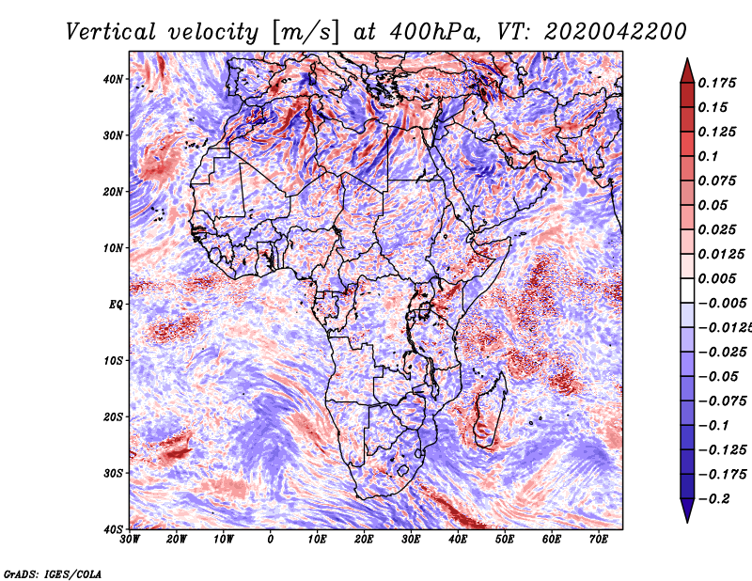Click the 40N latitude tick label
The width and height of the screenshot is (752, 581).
[113, 79]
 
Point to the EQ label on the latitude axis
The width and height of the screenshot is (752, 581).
[116, 305]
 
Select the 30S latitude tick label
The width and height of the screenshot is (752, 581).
[113, 473]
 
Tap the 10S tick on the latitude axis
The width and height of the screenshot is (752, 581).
[113, 360]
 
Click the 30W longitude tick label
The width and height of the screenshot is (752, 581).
[130, 540]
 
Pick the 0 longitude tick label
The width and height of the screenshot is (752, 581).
[271, 540]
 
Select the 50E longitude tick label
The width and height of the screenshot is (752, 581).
[505, 540]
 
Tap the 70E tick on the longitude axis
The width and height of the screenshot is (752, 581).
[599, 540]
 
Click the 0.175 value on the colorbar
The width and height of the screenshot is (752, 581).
[717, 84]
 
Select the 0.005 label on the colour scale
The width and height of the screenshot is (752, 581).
[717, 278]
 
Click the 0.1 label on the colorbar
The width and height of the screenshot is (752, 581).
[708, 156]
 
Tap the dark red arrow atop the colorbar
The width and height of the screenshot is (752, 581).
[687, 71]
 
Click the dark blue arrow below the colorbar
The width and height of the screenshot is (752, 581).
[687, 510]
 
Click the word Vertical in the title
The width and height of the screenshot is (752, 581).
[111, 32]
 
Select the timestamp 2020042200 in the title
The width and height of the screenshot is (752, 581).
[616, 32]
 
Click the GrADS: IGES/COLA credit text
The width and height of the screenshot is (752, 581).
[53, 574]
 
